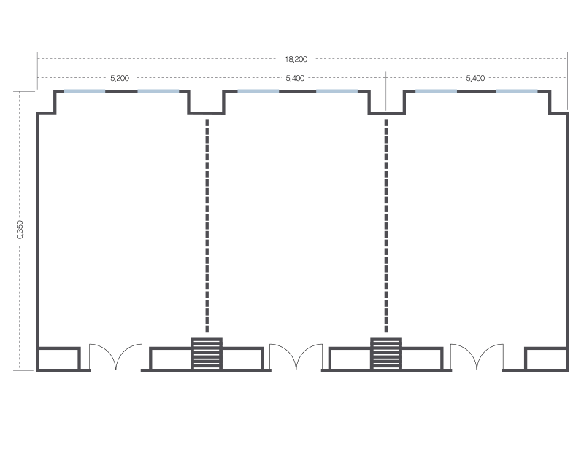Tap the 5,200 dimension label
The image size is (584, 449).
tap(119, 77)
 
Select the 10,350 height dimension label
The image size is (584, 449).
tap(20, 231)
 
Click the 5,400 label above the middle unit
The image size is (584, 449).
tap(296, 77)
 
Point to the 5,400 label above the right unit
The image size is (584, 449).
tap(474, 77)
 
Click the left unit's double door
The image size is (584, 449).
tap(115, 357)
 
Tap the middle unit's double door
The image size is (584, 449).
tap(296, 357)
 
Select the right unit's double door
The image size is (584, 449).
tap(476, 357)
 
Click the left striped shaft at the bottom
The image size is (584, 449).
tap(206, 354)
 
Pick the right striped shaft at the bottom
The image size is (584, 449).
tap(385, 354)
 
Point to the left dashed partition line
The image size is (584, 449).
tap(207, 226)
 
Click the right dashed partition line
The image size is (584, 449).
tap(386, 226)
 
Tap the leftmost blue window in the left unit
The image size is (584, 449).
tap(85, 91)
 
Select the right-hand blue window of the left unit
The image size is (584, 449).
tap(158, 91)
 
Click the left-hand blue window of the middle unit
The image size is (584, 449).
tap(258, 91)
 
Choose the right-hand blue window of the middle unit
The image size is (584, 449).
tap(337, 91)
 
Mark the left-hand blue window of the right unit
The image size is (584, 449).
tap(437, 91)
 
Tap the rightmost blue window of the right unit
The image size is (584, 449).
tap(517, 91)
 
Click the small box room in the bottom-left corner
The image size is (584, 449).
tap(58, 359)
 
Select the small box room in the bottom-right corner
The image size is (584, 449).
tap(546, 359)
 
